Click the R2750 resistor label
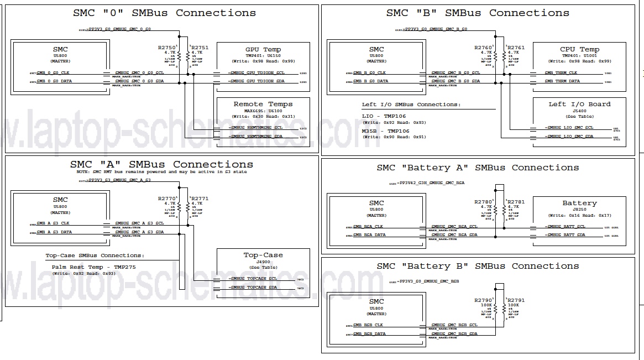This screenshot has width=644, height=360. tap(166, 48)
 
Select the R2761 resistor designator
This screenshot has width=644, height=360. tap(516, 48)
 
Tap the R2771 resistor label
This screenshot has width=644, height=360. tap(200, 198)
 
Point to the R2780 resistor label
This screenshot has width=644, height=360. tap(483, 202)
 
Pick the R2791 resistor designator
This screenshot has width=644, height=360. tap(516, 300)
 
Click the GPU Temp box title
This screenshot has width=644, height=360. tap(263, 50)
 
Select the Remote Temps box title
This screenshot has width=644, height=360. tap(263, 104)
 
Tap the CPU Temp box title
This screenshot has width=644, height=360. tap(579, 49)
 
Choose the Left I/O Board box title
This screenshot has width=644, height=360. tap(579, 104)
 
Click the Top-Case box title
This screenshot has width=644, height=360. tap(263, 255)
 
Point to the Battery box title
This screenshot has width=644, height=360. tap(579, 203)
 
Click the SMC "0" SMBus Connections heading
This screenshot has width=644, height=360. tap(165, 13)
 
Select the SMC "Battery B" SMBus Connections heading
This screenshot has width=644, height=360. tap(478, 266)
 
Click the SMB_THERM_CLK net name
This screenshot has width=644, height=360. tap(561, 72)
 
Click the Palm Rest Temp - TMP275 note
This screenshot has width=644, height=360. tap(91, 267)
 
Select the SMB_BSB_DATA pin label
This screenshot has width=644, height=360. tap(370, 334)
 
